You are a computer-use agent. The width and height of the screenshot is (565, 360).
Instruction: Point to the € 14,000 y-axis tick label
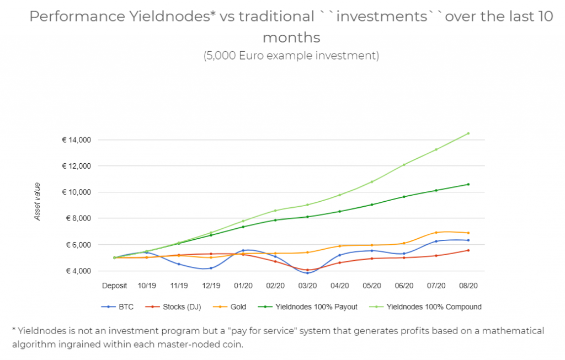[77, 140]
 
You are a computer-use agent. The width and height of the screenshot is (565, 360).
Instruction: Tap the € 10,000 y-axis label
[77, 192]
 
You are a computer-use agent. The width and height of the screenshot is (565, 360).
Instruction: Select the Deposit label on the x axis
[114, 286]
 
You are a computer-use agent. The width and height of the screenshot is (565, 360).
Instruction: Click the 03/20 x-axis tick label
[307, 286]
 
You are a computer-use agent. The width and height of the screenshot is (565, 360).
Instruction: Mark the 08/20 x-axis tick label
[468, 286]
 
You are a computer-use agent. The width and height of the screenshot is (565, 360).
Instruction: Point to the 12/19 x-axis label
[211, 286]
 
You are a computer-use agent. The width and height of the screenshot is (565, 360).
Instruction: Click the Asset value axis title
[38, 202]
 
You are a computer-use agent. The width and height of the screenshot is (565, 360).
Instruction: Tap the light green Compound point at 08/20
[468, 133]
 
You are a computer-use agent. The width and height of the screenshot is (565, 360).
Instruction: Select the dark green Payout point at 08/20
[468, 184]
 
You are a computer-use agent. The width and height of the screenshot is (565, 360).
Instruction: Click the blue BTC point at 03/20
[307, 273]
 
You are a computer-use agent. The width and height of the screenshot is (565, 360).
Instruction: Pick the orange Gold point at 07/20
[436, 232]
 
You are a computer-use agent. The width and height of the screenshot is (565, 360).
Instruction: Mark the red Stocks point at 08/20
[468, 250]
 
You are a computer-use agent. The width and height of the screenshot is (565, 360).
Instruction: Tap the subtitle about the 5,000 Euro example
[291, 56]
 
